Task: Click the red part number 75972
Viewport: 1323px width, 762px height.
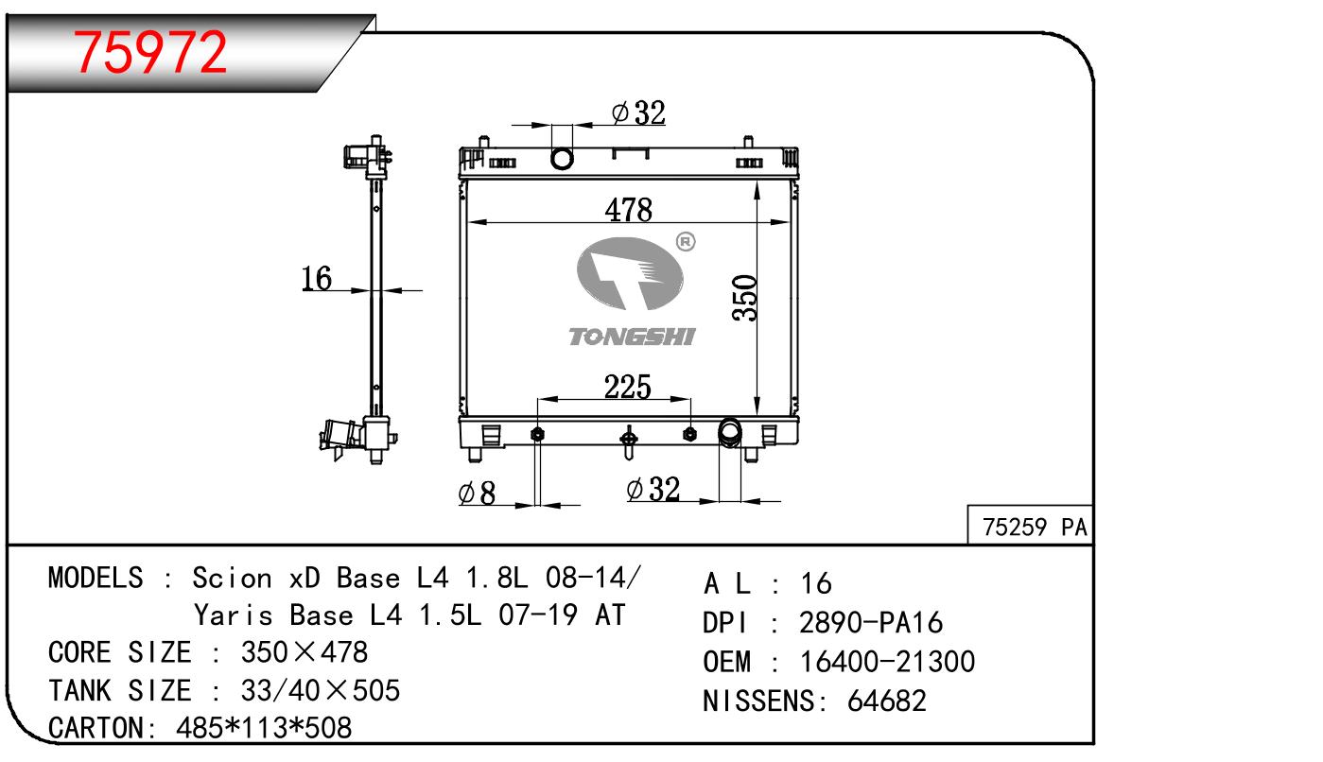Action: pos(151,53)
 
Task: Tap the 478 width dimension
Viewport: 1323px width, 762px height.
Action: pos(629,210)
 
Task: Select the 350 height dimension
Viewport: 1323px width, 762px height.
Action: pos(745,298)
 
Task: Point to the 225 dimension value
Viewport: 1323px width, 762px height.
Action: pos(628,387)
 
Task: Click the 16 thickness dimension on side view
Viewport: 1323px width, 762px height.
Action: pos(317,278)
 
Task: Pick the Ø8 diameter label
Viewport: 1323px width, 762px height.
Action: pos(477,493)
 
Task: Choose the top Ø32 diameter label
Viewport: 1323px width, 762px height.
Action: pos(638,113)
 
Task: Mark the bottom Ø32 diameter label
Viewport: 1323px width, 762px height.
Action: pos(653,489)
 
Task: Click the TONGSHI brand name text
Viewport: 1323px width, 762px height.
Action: pos(631,337)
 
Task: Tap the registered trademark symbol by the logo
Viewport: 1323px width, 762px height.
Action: pos(686,242)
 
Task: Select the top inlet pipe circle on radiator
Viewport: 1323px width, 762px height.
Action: pos(563,158)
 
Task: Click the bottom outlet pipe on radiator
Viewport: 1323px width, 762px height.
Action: pos(730,432)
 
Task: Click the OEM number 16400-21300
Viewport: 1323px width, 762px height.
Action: pos(887,662)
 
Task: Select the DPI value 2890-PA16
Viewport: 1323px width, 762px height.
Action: pos(871,623)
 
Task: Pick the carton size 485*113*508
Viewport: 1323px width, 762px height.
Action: pos(264,728)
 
